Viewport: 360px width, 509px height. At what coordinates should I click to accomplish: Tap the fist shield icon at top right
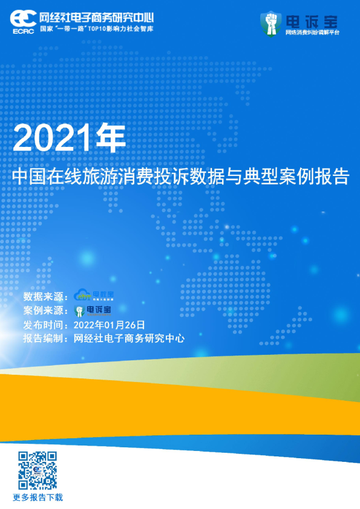(272, 23)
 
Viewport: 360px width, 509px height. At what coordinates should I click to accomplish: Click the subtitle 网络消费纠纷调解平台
(312, 32)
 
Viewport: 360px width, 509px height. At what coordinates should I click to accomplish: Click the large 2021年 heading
(69, 139)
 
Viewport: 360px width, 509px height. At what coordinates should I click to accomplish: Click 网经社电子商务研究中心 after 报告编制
(129, 339)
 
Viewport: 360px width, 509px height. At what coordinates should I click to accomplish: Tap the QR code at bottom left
(38, 470)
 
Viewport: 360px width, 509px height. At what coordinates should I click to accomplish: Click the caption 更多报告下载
(38, 498)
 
